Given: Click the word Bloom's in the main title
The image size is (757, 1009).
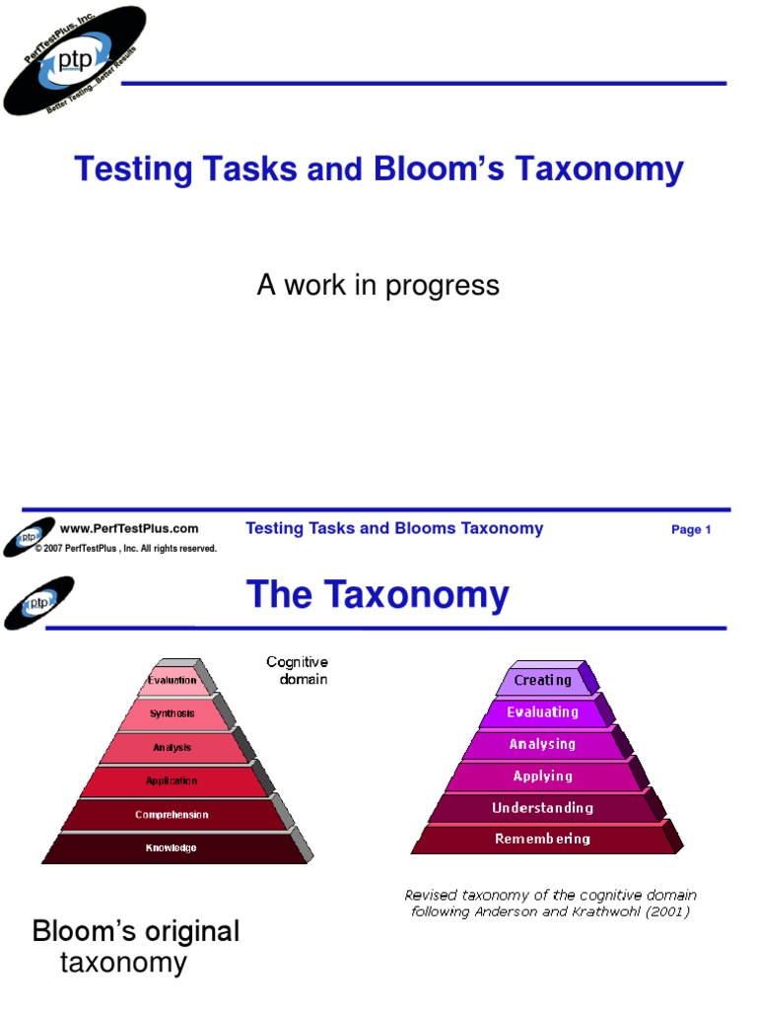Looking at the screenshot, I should coord(424,169).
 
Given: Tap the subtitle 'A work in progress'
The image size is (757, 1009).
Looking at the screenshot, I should coord(378,286).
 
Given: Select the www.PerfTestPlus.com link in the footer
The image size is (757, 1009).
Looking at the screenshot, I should coord(129,529).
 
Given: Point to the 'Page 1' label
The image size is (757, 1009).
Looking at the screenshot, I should coord(691,530).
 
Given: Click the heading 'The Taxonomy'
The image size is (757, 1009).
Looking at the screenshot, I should coord(378,596).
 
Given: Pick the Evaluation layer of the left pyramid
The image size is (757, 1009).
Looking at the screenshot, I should coord(172,680).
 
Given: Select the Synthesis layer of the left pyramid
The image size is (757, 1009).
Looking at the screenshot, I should coord(172,713).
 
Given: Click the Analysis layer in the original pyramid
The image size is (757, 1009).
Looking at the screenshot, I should coord(172,748).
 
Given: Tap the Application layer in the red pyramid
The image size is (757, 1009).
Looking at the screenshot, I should coord(172,781).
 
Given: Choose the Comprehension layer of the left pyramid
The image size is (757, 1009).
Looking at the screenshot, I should coord(172,815).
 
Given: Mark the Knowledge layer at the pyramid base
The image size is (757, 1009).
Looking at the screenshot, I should coord(172,847).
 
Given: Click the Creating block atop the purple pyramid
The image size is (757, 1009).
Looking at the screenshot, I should coord(542,680).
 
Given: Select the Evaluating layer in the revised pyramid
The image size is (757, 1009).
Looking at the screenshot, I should coord(542,711).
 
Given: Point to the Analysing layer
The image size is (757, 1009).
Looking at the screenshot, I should coord(542,744).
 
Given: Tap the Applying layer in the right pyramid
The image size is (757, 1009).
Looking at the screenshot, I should coord(542,776).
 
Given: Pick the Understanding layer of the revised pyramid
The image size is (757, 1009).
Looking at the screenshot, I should coord(542,808).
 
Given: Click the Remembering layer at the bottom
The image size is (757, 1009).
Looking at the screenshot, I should coord(542,840).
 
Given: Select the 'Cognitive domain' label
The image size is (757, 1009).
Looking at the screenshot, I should coord(297,671).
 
